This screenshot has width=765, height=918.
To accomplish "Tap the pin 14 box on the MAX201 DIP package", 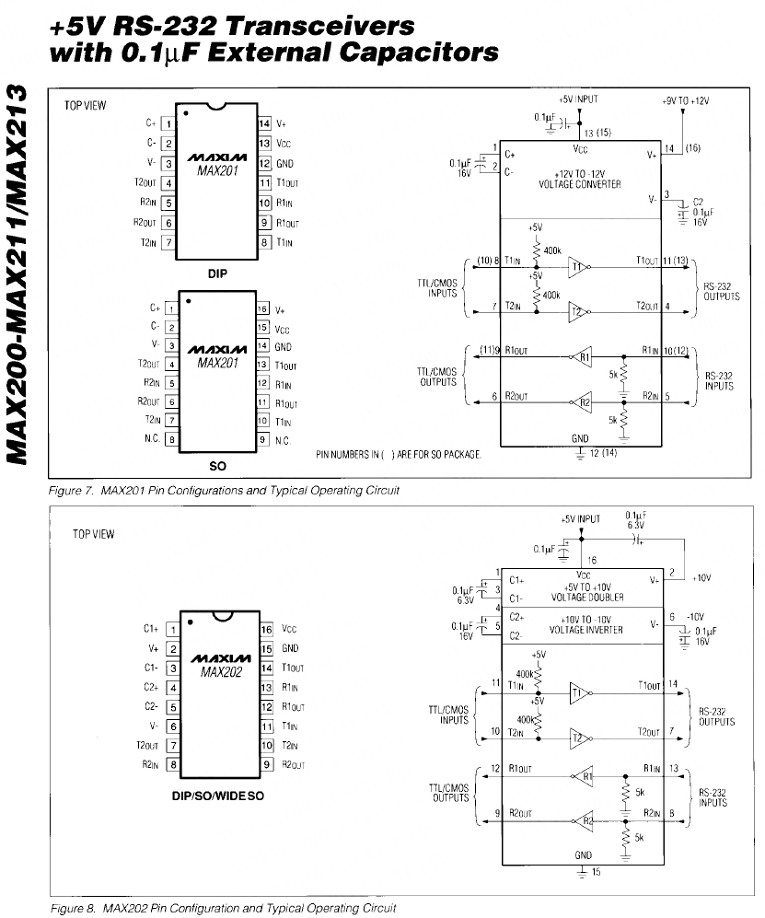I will (x=262, y=123).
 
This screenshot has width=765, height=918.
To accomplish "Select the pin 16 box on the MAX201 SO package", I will (x=262, y=309).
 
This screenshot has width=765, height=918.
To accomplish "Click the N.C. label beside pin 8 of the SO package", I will (x=152, y=438).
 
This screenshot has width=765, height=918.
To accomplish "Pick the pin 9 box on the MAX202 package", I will (x=268, y=763).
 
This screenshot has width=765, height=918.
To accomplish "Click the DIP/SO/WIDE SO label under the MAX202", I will (x=218, y=795).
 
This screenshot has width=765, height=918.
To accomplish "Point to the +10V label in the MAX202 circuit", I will (x=703, y=578).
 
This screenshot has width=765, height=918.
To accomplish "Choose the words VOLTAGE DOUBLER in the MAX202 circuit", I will (x=586, y=597).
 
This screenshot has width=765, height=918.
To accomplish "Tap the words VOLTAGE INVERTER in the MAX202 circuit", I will (x=585, y=630).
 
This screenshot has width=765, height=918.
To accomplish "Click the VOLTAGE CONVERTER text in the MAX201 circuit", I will (x=580, y=183).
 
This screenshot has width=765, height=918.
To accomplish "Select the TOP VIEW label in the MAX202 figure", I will (x=93, y=534).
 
